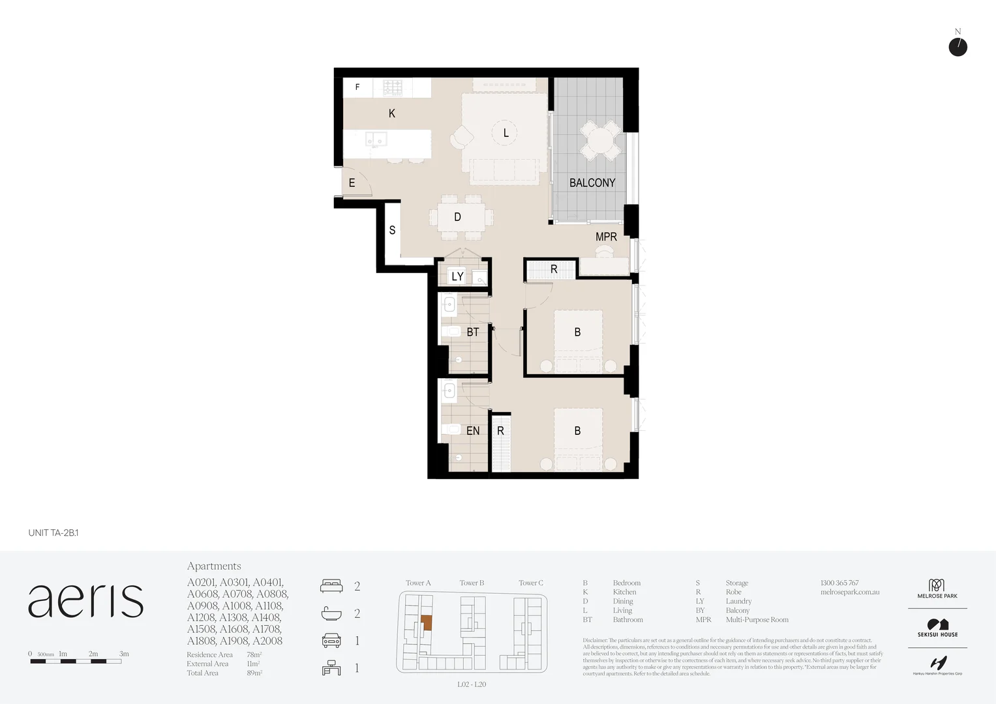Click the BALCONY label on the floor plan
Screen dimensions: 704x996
pos(592,183)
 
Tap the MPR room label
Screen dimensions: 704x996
pos(606,237)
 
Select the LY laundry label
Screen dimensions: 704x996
pos(457,276)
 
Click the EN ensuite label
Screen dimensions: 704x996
pos(473,431)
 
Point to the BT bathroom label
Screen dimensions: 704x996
pos(473,332)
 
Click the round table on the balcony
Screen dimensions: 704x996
pos(601,140)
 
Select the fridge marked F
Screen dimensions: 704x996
pos(357,87)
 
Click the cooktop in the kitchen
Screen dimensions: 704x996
pos(392,87)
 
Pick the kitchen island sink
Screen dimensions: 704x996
pos(376,139)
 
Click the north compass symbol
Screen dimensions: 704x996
pos(958,47)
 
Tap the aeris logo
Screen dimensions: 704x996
pos(85,600)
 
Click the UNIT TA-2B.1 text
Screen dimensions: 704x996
pos(53,533)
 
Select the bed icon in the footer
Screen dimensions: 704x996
pos(331,586)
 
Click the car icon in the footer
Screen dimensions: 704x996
pos(331,641)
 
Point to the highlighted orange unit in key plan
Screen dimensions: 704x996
pos(426,623)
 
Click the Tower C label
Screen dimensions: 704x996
pos(530,583)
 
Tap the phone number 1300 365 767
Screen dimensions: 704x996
pos(839,583)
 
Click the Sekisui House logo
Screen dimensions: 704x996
pos(937,628)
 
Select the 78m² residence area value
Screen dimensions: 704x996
pos(254,654)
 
